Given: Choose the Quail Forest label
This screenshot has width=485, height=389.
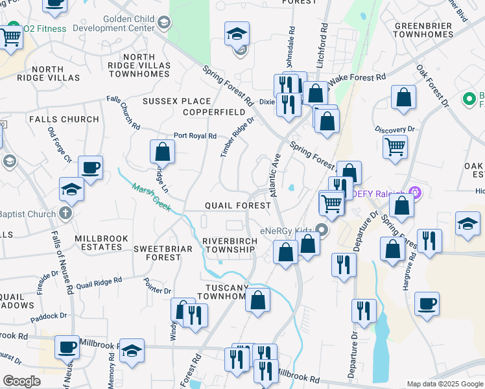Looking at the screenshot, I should [x=237, y=205].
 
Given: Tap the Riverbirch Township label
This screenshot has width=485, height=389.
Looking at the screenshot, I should [x=228, y=244].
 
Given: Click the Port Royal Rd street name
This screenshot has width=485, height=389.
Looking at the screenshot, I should [x=195, y=136].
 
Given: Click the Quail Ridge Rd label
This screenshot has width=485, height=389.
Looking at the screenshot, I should [x=99, y=283].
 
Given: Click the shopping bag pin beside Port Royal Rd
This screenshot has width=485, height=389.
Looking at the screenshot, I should [x=162, y=152].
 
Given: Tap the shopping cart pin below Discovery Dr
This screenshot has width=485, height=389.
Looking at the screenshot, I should [x=395, y=147].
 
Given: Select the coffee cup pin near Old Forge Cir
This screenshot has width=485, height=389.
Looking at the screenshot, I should [x=90, y=167].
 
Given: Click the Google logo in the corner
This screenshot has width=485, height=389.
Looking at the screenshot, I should [x=21, y=381].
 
